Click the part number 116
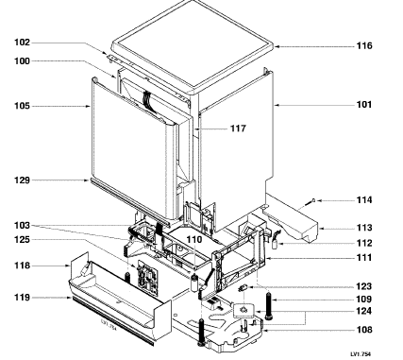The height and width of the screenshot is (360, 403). pyautogui.click(x=364, y=46)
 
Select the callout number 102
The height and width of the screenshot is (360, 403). pyautogui.click(x=22, y=43)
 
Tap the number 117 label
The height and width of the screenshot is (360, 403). pyautogui.click(x=238, y=129)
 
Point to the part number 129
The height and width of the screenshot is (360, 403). pyautogui.click(x=22, y=180)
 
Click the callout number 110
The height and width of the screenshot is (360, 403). pyautogui.click(x=194, y=240)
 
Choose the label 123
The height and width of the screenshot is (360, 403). pyautogui.click(x=364, y=286)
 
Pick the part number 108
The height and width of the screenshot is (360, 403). pyautogui.click(x=364, y=330)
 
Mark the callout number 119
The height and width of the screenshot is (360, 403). pyautogui.click(x=22, y=298)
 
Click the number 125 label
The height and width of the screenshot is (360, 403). pyautogui.click(x=22, y=240)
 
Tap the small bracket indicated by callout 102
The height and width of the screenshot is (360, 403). pyautogui.click(x=110, y=58)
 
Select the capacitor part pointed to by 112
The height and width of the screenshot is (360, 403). pyautogui.click(x=275, y=242)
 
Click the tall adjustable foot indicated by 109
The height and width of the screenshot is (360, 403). pyautogui.click(x=269, y=306)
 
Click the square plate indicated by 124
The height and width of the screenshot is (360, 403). pyautogui.click(x=243, y=311)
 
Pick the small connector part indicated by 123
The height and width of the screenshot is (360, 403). pyautogui.click(x=243, y=288)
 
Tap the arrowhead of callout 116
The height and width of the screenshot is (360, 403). pyautogui.click(x=276, y=46)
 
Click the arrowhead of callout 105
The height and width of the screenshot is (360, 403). pyautogui.click(x=89, y=107)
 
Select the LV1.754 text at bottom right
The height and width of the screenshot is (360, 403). pyautogui.click(x=361, y=354)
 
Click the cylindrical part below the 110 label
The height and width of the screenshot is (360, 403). pyautogui.click(x=195, y=283)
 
